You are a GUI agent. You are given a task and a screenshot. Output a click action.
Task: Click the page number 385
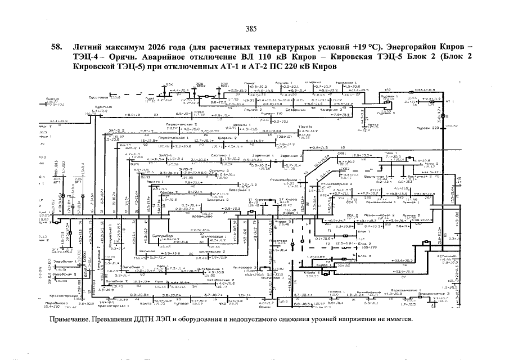point(251,29)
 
